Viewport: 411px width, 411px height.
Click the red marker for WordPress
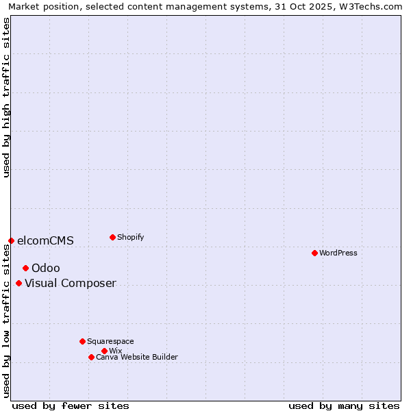[x=314, y=253]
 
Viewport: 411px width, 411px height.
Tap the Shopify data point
[x=112, y=237]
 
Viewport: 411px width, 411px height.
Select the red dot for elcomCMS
[x=11, y=240]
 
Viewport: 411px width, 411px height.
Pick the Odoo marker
[x=25, y=268]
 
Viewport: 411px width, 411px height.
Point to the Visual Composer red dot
[x=18, y=283]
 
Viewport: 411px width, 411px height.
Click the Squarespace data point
[x=82, y=341]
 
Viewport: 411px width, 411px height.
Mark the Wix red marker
[x=104, y=351]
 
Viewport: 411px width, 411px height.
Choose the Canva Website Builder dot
[x=91, y=357]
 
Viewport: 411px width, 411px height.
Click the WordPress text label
[x=338, y=253]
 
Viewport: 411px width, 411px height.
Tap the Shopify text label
[x=131, y=237]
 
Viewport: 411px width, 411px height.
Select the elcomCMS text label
[x=45, y=240]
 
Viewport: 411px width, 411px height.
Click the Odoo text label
[x=46, y=268]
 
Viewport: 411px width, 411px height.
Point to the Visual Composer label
[x=71, y=283]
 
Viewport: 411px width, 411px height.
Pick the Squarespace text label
[x=110, y=341]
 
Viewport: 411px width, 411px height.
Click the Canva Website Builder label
[x=137, y=357]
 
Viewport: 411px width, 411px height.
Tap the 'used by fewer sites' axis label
[x=71, y=406]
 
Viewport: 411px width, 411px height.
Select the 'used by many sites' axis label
[x=344, y=406]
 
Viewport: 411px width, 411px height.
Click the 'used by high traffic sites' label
[x=6, y=97]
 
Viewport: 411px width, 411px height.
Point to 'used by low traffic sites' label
[x=6, y=319]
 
